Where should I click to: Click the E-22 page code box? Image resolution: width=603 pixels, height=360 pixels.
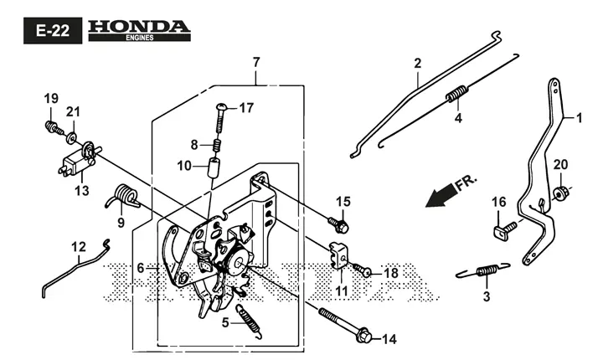pyautogui.click(x=53, y=30)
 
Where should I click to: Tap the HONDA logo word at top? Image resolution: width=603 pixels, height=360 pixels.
pyautogui.click(x=139, y=27)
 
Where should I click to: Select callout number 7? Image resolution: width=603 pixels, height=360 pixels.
pyautogui.click(x=256, y=62)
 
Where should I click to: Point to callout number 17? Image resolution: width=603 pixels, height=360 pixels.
pyautogui.click(x=246, y=108)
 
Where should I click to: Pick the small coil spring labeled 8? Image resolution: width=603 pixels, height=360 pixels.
pyautogui.click(x=217, y=146)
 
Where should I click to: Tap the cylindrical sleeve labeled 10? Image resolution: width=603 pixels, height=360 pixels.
pyautogui.click(x=214, y=167)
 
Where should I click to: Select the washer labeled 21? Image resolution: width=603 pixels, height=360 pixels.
pyautogui.click(x=72, y=137)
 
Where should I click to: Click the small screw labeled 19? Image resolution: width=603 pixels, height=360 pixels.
pyautogui.click(x=54, y=127)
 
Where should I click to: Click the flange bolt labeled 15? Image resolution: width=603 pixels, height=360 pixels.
pyautogui.click(x=338, y=225)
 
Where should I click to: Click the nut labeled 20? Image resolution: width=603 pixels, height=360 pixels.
pyautogui.click(x=559, y=192)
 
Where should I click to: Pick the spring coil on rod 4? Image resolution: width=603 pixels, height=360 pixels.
pyautogui.click(x=457, y=94)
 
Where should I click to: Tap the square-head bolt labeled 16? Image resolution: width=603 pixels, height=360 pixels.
pyautogui.click(x=504, y=230)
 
